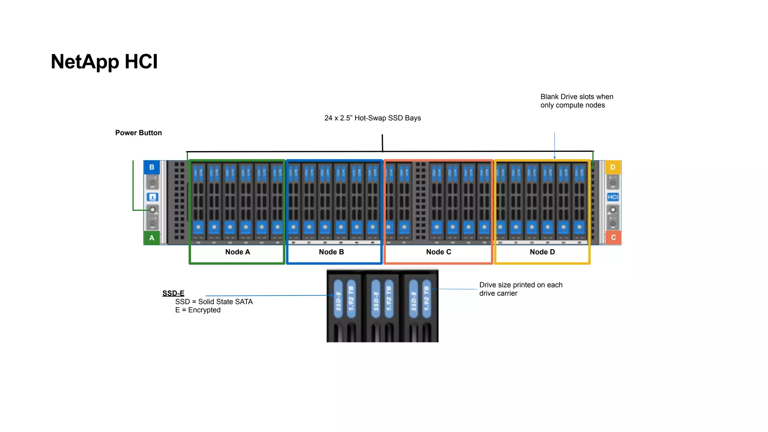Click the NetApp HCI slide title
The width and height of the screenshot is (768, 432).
pyautogui.click(x=104, y=62)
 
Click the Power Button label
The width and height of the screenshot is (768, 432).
pyautogui.click(x=138, y=133)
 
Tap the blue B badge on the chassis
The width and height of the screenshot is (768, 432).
pyautogui.click(x=152, y=167)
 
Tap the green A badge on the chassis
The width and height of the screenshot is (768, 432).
pyautogui.click(x=152, y=238)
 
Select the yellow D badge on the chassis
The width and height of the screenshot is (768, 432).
pyautogui.click(x=613, y=167)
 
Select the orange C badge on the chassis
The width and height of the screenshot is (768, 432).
pyautogui.click(x=613, y=237)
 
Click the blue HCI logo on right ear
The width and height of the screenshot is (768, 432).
pyautogui.click(x=613, y=197)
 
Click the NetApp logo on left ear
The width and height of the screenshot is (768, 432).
pyautogui.click(x=152, y=197)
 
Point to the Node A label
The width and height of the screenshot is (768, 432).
pyautogui.click(x=237, y=252)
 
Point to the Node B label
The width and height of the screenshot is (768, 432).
pyautogui.click(x=331, y=252)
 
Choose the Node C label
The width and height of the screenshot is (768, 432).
pyautogui.click(x=438, y=252)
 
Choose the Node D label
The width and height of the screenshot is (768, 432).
pyautogui.click(x=542, y=252)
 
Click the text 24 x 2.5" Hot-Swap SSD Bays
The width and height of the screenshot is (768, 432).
pyautogui.click(x=372, y=118)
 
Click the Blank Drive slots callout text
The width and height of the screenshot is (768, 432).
pyautogui.click(x=576, y=101)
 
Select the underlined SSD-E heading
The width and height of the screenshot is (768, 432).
pyautogui.click(x=173, y=293)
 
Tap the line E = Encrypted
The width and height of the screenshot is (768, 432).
pyautogui.click(x=198, y=310)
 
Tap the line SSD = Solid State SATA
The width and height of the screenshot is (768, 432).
pyautogui.click(x=214, y=302)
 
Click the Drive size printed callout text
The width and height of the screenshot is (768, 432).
pyautogui.click(x=520, y=289)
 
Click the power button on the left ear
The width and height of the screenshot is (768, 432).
pyautogui.click(x=152, y=210)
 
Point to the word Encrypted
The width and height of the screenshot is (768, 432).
pyautogui.click(x=204, y=310)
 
